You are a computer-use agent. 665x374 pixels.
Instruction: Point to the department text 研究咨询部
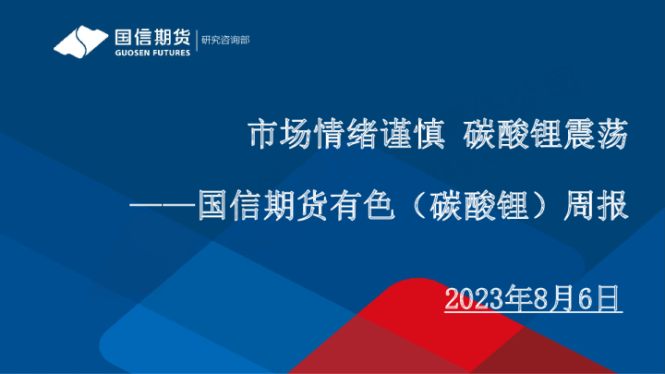[x=225, y=40]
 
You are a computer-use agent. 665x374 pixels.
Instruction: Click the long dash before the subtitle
[x=162, y=205]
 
